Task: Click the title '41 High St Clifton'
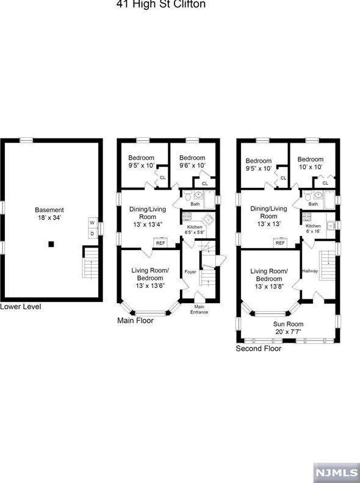(160, 4)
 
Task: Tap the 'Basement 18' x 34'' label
(49, 214)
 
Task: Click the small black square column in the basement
(52, 245)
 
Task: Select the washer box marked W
(92, 223)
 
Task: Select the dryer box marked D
(92, 233)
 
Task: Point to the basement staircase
(90, 263)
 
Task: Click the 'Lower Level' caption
(21, 307)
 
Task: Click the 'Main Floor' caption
(138, 320)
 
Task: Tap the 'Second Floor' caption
(259, 349)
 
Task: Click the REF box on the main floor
(160, 243)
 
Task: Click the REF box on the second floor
(280, 243)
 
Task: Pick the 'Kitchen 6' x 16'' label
(313, 229)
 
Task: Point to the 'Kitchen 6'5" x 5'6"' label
(195, 229)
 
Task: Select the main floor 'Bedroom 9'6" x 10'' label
(192, 162)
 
